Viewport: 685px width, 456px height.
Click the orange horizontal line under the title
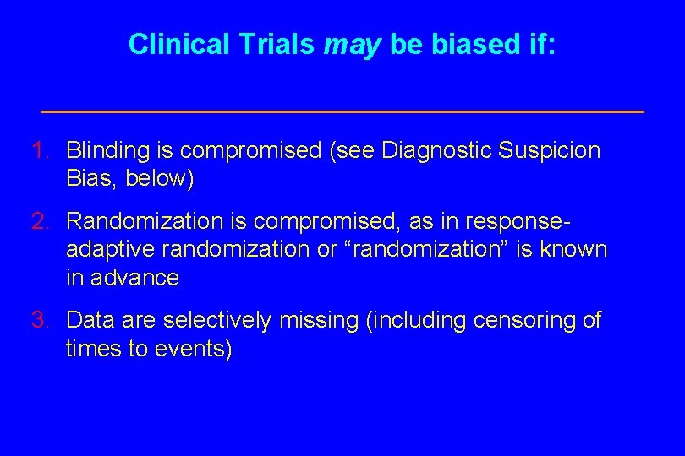(x=342, y=111)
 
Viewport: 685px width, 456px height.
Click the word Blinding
(x=109, y=152)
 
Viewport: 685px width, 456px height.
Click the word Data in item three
(x=87, y=320)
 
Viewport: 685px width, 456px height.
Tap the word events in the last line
(x=191, y=349)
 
